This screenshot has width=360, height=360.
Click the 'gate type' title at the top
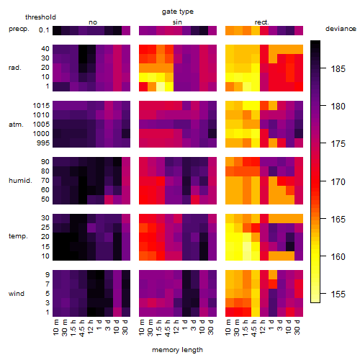click(x=178, y=12)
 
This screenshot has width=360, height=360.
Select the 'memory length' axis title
click(x=177, y=350)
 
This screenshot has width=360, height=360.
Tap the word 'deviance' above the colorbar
click(x=341, y=29)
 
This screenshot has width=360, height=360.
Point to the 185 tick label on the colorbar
click(x=338, y=69)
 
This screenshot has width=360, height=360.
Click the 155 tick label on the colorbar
click(x=338, y=294)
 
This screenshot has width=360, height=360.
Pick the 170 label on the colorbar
click(x=338, y=182)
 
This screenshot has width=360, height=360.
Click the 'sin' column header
click(x=177, y=22)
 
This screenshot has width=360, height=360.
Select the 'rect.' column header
click(x=262, y=22)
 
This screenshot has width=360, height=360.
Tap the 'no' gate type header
click(x=93, y=22)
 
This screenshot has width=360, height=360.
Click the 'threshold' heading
click(x=40, y=17)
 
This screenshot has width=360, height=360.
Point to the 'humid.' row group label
click(x=20, y=181)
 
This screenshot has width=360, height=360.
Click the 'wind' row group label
click(x=17, y=294)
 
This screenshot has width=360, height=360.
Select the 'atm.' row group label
click(x=16, y=125)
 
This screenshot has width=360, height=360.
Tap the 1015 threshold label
click(x=41, y=106)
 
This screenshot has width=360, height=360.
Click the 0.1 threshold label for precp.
click(x=44, y=30)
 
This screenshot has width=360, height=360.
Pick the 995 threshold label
click(x=43, y=143)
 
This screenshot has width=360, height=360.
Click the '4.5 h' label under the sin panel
click(x=168, y=328)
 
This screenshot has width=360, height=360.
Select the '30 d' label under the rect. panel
click(x=297, y=327)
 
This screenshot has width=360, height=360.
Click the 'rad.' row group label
click(x=15, y=68)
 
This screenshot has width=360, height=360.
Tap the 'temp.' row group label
click(x=18, y=236)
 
